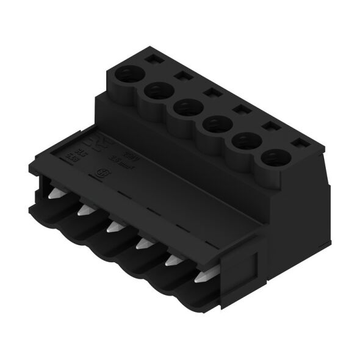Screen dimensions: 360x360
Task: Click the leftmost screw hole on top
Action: click(129, 75)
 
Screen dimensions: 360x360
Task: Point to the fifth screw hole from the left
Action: click(243, 142)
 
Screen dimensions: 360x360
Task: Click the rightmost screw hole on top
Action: click(273, 159)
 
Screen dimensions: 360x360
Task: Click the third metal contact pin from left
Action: click(111, 228)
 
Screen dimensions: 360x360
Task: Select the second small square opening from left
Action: click(181, 76)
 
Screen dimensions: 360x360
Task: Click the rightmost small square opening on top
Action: click(298, 145)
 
